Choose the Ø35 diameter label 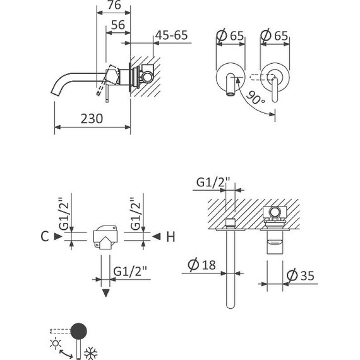click(x=300, y=276)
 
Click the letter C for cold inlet click(x=44, y=237)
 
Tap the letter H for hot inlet click(x=170, y=237)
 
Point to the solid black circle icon click(x=79, y=330)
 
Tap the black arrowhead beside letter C click(x=57, y=237)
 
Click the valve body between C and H click(x=105, y=237)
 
